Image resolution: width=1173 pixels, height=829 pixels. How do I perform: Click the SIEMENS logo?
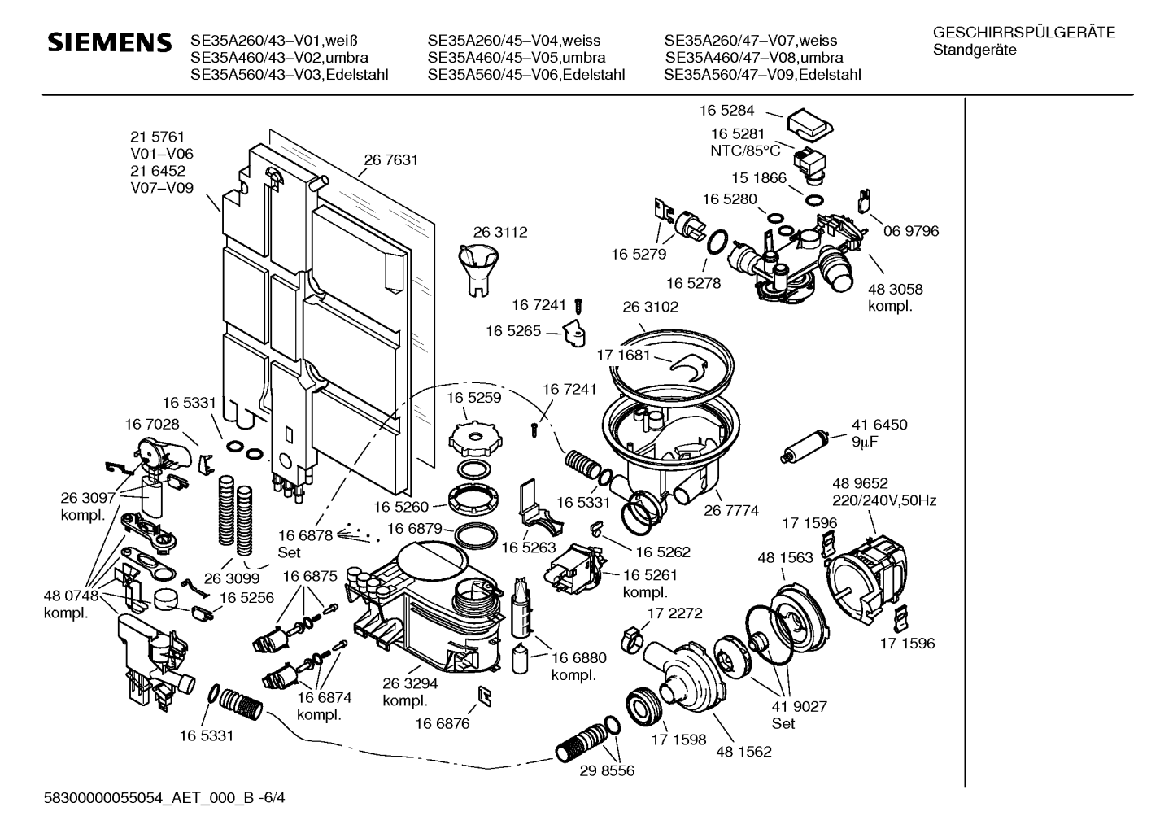click(110, 42)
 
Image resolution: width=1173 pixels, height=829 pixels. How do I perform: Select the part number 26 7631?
click(390, 160)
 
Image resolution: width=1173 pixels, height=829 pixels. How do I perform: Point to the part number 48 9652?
click(859, 483)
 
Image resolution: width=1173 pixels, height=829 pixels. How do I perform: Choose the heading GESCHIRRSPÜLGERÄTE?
click(1024, 33)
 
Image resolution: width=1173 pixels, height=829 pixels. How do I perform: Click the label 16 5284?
click(727, 110)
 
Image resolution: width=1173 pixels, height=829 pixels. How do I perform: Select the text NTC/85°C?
click(745, 151)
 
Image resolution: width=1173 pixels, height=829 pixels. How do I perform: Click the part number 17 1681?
click(624, 356)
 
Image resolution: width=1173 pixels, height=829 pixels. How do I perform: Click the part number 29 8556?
click(607, 770)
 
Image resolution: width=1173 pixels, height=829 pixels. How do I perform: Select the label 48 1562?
click(743, 752)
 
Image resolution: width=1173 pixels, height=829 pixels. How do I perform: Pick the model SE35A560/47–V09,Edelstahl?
click(762, 76)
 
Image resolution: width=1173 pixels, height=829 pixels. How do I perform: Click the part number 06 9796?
click(911, 231)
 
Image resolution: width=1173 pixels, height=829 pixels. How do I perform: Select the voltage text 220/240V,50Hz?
click(883, 500)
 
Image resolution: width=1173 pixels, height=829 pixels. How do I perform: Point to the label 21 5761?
click(158, 137)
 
